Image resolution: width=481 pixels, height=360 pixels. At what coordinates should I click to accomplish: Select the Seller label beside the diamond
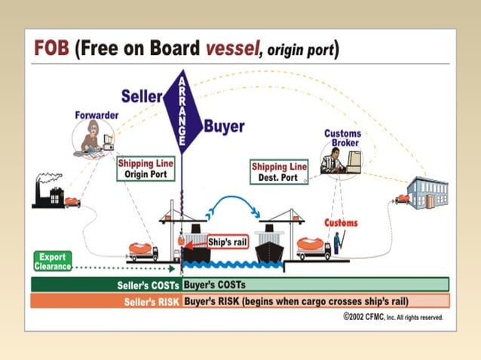143,96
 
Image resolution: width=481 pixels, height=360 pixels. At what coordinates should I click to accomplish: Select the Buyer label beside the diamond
223,127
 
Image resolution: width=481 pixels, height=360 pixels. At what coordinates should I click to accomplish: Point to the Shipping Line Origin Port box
146,169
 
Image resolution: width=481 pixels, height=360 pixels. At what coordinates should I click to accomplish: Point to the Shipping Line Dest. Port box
280,172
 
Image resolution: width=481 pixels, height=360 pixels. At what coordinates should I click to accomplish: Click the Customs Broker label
342,138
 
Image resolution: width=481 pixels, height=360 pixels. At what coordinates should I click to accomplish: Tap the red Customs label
341,223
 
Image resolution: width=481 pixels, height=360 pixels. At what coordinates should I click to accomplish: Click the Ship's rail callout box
226,242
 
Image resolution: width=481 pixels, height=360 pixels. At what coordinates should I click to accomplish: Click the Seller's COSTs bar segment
106,285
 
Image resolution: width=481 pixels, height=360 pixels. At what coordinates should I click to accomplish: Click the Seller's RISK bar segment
106,301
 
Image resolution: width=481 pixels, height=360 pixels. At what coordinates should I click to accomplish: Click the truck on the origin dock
143,250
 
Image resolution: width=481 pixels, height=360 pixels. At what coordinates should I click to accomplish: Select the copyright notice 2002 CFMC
393,318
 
